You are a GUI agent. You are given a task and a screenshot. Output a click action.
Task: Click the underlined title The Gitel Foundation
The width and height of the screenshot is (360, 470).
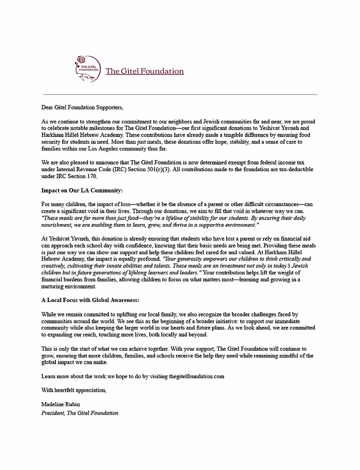[x=144, y=71]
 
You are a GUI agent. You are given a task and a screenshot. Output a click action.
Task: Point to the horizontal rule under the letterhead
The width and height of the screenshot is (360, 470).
[x=179, y=94]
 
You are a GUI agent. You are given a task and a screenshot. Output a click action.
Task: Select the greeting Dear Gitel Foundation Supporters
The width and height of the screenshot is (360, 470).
[x=82, y=107]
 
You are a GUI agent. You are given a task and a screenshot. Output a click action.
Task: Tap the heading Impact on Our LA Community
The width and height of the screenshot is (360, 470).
[x=82, y=190]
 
